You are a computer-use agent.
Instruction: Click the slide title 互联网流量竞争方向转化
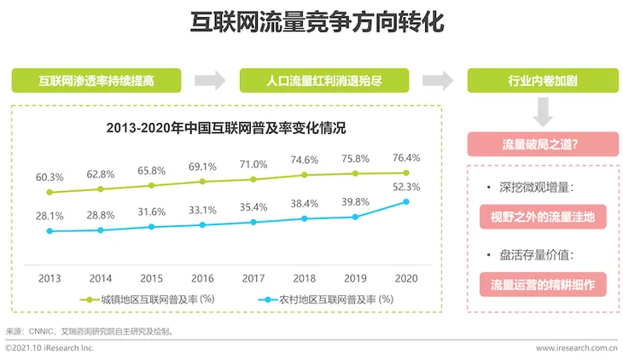317,22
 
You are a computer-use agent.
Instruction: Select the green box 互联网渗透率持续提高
96,81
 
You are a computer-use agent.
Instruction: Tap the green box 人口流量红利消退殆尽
324,81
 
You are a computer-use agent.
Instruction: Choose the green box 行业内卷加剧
543,81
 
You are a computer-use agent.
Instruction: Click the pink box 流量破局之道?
543,144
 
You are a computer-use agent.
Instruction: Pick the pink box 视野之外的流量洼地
543,217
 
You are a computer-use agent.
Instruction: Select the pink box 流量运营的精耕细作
543,285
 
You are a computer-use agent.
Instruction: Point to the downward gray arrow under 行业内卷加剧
543,112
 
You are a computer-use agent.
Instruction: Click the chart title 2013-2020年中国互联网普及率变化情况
226,128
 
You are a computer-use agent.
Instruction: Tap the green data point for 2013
49,192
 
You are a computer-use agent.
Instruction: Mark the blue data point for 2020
406,202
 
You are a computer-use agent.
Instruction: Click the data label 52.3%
406,187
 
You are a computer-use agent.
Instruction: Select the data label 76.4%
406,158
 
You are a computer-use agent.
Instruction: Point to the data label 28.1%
49,216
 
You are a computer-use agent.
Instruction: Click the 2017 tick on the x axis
253,278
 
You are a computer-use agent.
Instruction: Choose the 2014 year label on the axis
101,278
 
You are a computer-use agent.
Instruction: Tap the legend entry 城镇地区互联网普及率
148,299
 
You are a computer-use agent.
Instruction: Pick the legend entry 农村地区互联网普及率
326,299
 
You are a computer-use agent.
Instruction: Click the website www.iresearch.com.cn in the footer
577,348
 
